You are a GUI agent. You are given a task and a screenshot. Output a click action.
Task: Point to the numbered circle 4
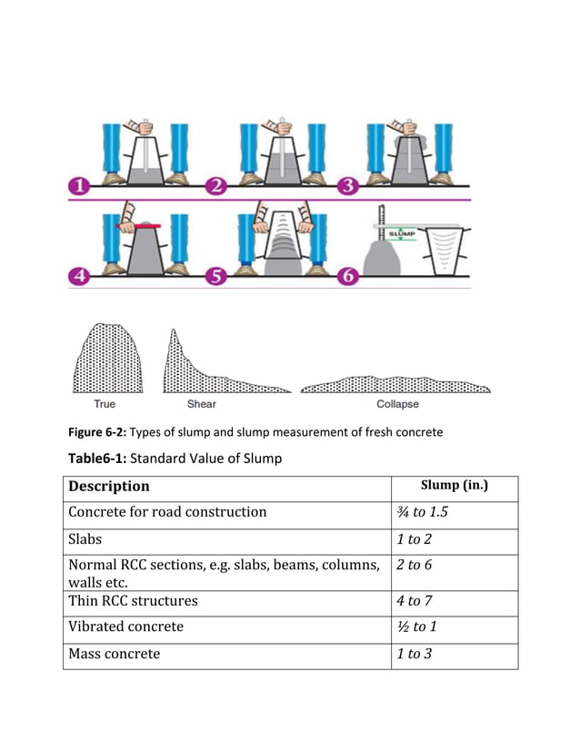80,276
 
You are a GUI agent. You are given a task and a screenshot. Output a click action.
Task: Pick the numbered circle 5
216,276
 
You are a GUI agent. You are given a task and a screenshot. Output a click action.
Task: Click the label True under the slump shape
105,404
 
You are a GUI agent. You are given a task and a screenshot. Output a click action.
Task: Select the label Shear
201,404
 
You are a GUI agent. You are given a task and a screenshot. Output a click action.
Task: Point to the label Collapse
397,404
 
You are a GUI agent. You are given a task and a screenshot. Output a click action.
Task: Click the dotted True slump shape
106,360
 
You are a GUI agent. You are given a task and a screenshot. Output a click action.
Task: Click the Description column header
109,487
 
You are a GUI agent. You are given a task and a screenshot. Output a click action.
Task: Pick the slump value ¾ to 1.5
423,512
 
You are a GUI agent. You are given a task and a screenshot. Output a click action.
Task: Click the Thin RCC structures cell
133,601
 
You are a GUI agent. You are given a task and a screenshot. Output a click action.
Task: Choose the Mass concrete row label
115,654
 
